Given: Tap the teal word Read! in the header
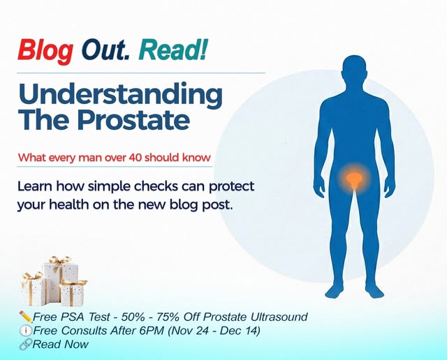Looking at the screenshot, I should coord(173,50).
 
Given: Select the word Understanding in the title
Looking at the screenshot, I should coord(120,93).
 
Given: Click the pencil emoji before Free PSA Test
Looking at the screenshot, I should coord(26,317).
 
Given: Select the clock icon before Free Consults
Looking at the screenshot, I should coord(26,331).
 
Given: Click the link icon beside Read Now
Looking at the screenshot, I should coord(26,344).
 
